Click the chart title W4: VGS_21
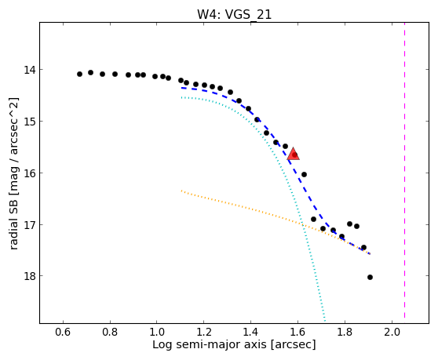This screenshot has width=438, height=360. (234, 15)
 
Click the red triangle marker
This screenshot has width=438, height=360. (294, 154)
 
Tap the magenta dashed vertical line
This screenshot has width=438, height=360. (404, 170)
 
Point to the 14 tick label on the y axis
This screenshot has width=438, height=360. (29, 70)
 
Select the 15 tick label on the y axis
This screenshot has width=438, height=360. (29, 121)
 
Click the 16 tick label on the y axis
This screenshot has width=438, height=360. (29, 173)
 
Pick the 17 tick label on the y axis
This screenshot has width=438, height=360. (29, 224)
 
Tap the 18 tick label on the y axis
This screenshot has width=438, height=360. (29, 276)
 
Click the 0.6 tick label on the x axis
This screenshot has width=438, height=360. (63, 332)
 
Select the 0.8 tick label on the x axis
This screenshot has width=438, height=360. (110, 332)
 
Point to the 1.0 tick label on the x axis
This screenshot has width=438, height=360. (157, 332)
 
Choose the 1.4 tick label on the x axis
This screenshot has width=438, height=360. (251, 332)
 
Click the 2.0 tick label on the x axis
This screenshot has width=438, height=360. (392, 332)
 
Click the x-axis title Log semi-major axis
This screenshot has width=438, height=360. (210, 345)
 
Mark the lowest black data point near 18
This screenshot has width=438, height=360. (370, 277)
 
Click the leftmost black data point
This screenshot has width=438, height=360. (79, 74)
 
